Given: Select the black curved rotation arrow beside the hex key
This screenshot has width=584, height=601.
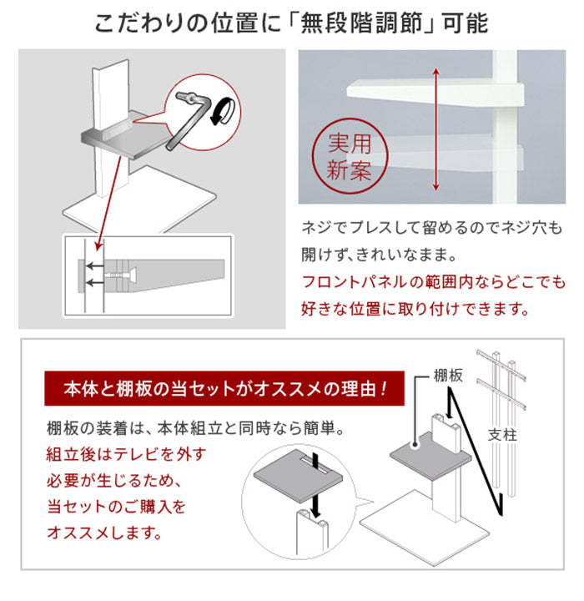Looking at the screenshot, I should (x=220, y=114).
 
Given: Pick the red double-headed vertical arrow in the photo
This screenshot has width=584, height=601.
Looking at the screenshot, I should (x=435, y=130).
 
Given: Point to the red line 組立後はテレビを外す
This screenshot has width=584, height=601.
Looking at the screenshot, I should (x=125, y=457).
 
